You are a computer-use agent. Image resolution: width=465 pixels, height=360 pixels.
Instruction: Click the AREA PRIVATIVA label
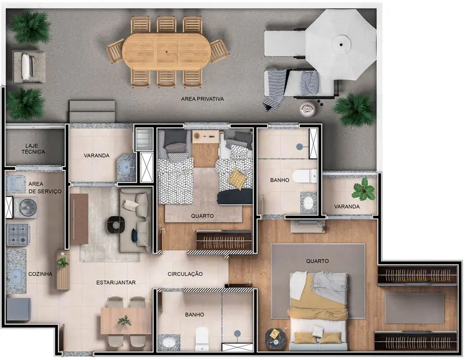(x=202, y=99)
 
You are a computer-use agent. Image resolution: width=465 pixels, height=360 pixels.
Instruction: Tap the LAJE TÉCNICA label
(x=34, y=149)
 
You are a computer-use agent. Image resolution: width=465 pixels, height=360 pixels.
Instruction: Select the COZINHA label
(x=39, y=274)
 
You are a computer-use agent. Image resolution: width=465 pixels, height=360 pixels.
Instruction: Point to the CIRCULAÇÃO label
(x=185, y=274)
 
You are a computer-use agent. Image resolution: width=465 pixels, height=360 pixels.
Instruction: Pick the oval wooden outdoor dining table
(x=167, y=50)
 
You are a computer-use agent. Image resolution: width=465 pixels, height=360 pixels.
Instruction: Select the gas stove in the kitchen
(x=18, y=234)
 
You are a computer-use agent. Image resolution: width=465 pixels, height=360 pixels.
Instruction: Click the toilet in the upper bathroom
(x=302, y=176)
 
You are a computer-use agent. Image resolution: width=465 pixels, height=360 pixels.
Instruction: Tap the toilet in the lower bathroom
(x=201, y=336)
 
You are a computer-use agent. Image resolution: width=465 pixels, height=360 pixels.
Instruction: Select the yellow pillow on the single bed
(x=237, y=178)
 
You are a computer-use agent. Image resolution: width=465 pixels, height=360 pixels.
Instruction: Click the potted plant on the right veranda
(x=363, y=189)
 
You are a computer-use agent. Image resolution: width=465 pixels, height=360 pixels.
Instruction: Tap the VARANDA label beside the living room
(x=97, y=156)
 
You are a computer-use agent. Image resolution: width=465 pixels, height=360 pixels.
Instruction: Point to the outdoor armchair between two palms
(x=28, y=66)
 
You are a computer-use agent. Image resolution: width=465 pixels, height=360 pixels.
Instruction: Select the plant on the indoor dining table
(x=125, y=320)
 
